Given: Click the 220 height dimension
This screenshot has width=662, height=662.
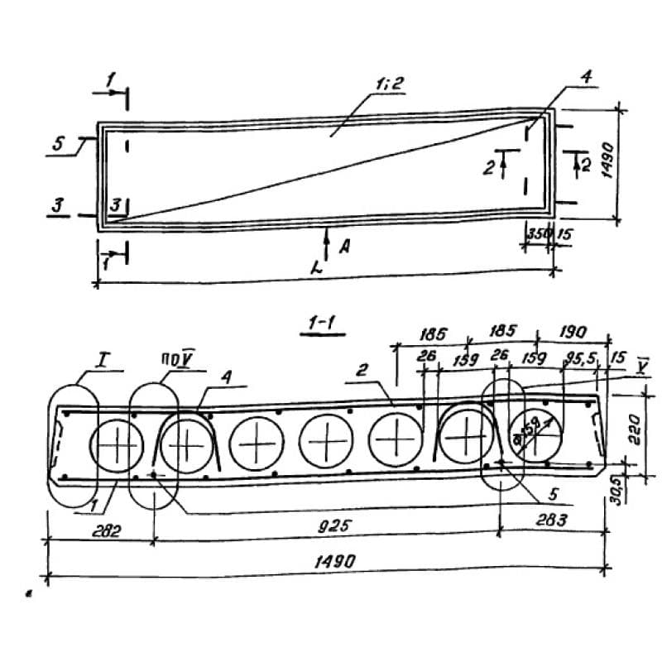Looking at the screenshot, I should pyautogui.click(x=634, y=429).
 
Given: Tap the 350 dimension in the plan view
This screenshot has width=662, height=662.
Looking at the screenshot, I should pyautogui.click(x=539, y=234).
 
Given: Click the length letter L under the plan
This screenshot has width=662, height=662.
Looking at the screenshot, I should pyautogui.click(x=317, y=269).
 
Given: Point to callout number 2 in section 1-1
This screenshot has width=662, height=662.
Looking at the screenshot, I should pyautogui.click(x=362, y=372).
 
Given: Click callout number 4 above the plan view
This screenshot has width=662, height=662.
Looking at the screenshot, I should pyautogui.click(x=585, y=78).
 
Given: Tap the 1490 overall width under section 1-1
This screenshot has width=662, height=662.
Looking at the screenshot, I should pyautogui.click(x=335, y=561).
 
